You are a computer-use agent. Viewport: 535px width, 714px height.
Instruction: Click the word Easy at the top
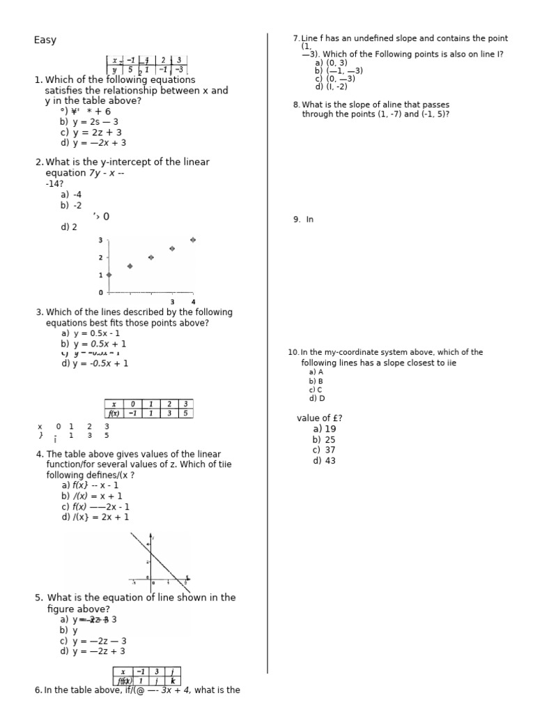pyautogui.click(x=45, y=40)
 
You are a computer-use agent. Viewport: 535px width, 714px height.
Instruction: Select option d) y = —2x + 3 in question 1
pyautogui.click(x=93, y=143)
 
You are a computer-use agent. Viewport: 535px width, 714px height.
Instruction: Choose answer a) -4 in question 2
pyautogui.click(x=71, y=195)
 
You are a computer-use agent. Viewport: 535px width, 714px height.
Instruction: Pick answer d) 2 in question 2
pyautogui.click(x=69, y=227)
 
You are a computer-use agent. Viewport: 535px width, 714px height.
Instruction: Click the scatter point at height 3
pyautogui.click(x=193, y=240)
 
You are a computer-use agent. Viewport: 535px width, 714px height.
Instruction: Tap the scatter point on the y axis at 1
pyautogui.click(x=109, y=275)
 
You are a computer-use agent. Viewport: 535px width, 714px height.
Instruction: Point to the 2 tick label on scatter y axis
pyautogui.click(x=101, y=258)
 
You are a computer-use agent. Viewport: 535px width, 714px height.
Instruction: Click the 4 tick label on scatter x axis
pyautogui.click(x=193, y=302)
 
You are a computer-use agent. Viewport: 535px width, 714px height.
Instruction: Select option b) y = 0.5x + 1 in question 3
pyautogui.click(x=93, y=344)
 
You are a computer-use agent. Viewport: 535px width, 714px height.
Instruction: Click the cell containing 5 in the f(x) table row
pyautogui.click(x=185, y=413)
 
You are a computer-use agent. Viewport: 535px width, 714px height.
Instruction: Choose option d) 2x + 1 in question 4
pyautogui.click(x=95, y=517)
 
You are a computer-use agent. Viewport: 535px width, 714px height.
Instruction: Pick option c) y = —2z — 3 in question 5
pyautogui.click(x=93, y=641)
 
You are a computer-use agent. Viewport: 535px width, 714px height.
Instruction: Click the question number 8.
pyautogui.click(x=296, y=105)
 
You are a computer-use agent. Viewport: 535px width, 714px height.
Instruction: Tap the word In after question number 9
pyautogui.click(x=310, y=219)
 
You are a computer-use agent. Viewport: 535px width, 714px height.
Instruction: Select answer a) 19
pyautogui.click(x=324, y=429)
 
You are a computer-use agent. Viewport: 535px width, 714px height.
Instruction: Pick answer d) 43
pyautogui.click(x=324, y=460)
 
